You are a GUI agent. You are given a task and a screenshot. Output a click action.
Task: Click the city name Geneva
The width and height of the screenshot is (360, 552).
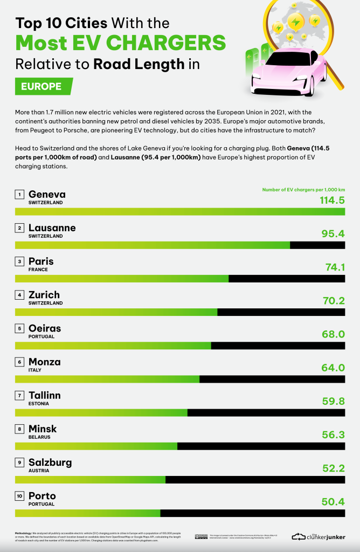click(x=47, y=194)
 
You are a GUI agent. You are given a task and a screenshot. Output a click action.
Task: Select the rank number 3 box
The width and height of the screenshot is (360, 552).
click(x=19, y=261)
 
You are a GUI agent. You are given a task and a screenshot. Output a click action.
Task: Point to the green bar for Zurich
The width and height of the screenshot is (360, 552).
click(x=116, y=312)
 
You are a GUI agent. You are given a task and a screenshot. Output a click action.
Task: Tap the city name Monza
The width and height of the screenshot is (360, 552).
click(x=44, y=362)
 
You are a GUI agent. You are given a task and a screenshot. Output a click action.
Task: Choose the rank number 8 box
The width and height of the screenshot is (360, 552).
click(x=19, y=429)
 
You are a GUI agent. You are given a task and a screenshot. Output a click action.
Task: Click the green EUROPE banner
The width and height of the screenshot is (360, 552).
click(x=42, y=86)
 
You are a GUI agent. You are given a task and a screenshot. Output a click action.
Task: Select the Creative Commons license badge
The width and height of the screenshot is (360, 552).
click(x=200, y=536)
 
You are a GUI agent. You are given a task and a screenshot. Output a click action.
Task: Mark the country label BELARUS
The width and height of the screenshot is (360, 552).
click(x=39, y=437)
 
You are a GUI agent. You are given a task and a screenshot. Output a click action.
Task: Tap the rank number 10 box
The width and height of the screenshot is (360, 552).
click(x=19, y=495)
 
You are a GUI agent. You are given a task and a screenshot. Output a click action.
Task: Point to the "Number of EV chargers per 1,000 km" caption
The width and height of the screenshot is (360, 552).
click(x=303, y=190)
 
